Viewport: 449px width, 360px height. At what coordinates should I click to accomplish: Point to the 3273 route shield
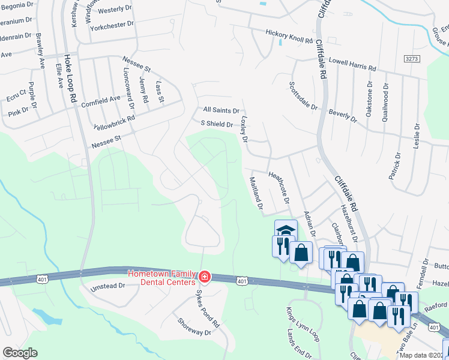pos(411,59)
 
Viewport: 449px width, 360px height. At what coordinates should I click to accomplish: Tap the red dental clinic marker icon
pos(205,277)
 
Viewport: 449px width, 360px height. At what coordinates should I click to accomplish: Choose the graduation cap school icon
pos(286,230)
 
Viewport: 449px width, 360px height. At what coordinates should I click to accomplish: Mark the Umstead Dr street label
pos(107,287)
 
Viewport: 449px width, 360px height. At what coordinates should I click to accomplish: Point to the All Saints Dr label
pos(221,110)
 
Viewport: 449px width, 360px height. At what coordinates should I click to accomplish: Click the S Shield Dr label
pos(217,124)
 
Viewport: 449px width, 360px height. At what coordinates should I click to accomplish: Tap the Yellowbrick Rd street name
pos(115,123)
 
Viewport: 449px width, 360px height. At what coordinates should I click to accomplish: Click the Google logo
pos(20,353)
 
